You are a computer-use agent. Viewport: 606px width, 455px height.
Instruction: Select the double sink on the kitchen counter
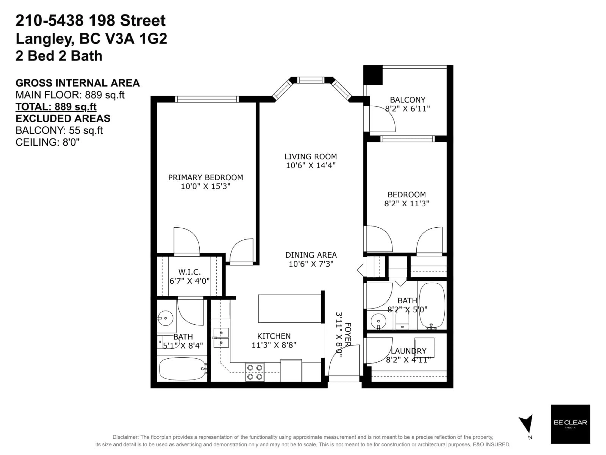(x=221, y=338)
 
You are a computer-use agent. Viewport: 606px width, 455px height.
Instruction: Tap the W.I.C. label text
(x=189, y=272)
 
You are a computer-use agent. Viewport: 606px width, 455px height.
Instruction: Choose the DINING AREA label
(x=311, y=255)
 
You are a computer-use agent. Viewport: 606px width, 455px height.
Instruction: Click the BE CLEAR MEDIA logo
(x=570, y=424)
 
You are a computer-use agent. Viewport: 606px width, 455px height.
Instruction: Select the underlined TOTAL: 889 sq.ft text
(x=56, y=107)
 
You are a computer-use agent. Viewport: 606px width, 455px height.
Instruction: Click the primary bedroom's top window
(x=207, y=99)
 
